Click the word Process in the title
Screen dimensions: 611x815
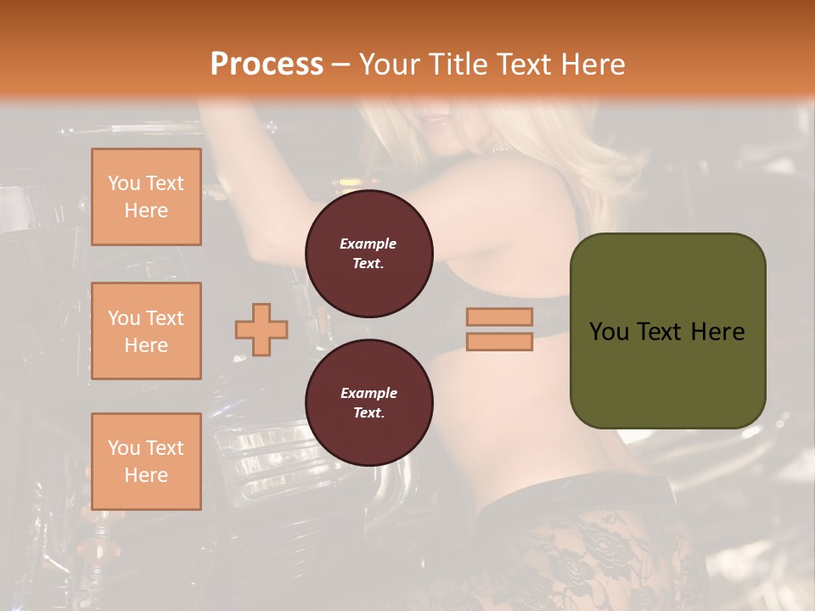267,64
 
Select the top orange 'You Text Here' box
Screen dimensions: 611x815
146,197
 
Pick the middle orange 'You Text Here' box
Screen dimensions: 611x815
146,331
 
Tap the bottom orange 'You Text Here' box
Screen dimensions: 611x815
146,462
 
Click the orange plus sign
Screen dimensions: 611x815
261,329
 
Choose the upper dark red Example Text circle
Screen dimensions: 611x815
368,254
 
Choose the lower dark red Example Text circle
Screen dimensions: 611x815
368,403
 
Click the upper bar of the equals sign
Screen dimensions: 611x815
499,317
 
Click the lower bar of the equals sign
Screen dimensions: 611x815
499,341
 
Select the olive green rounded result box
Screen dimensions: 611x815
667,331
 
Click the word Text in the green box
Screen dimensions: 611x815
660,331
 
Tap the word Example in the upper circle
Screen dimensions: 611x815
368,244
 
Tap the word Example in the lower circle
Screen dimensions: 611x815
368,393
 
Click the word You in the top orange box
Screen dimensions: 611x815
123,183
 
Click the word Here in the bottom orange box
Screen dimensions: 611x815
146,475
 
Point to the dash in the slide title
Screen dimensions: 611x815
341,64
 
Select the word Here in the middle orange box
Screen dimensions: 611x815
146,345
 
